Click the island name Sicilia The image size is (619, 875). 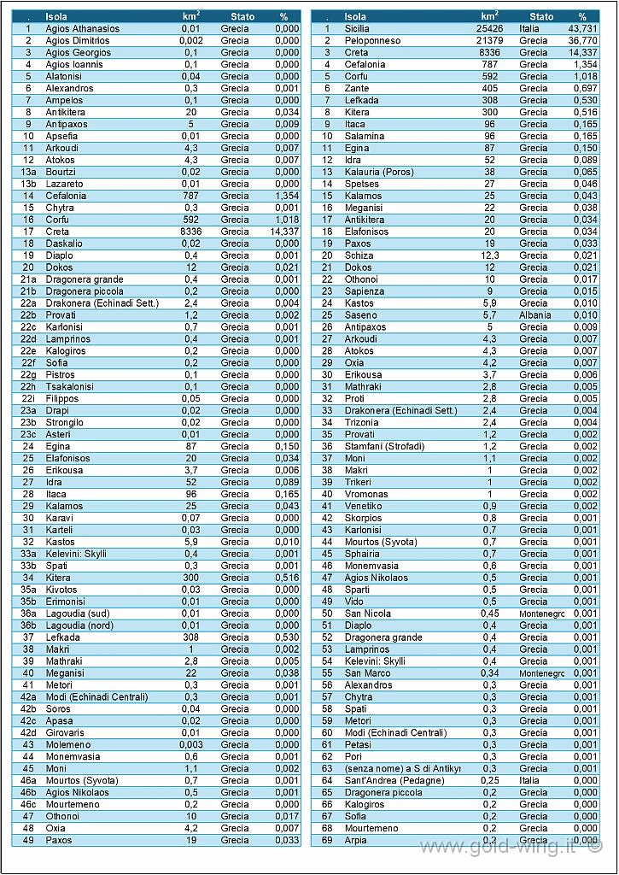(357, 28)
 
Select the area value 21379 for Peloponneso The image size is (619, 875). (489, 41)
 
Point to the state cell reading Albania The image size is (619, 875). (534, 315)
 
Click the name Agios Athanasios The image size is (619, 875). (83, 28)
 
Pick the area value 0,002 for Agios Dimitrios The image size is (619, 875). (191, 41)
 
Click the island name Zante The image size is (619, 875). (357, 88)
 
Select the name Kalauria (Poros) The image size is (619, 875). (379, 172)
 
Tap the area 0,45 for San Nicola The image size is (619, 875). (490, 614)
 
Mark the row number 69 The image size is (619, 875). (327, 840)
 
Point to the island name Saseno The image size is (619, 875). (361, 315)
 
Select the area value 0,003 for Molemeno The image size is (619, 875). (191, 744)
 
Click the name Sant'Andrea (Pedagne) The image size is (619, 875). (394, 780)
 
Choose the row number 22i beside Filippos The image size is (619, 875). (28, 398)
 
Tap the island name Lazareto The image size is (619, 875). (64, 184)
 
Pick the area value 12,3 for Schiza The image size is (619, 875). (490, 255)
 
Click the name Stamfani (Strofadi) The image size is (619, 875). (385, 446)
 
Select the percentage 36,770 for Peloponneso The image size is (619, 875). (582, 41)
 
